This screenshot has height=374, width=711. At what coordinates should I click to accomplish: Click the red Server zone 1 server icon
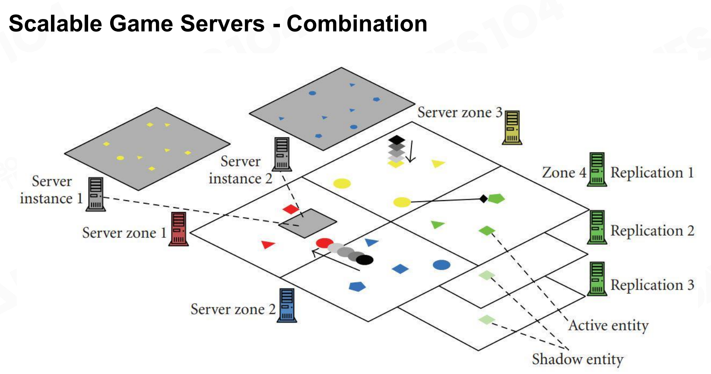pyautogui.click(x=178, y=229)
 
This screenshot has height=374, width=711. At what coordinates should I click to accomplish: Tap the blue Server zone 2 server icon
pyautogui.click(x=287, y=305)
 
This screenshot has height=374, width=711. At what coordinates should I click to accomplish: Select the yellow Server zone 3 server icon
pyautogui.click(x=512, y=128)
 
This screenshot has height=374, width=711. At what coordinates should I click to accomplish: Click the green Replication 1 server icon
pyautogui.click(x=597, y=169)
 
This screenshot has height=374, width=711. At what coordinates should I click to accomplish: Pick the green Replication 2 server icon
pyautogui.click(x=597, y=227)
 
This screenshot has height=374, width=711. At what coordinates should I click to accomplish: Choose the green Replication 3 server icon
pyautogui.click(x=597, y=279)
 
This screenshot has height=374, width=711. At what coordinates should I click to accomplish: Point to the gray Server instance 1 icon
pyautogui.click(x=95, y=194)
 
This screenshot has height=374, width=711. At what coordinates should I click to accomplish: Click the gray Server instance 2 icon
pyautogui.click(x=282, y=154)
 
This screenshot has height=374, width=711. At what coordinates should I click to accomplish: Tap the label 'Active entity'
pyautogui.click(x=608, y=325)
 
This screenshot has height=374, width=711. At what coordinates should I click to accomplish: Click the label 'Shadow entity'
pyautogui.click(x=578, y=359)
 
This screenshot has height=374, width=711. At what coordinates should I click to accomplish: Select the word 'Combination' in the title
pyautogui.click(x=357, y=23)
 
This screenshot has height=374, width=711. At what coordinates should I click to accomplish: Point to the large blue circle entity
pyautogui.click(x=441, y=265)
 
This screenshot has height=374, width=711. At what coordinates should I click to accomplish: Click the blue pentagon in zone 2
pyautogui.click(x=357, y=286)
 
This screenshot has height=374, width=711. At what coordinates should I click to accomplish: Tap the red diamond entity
pyautogui.click(x=291, y=210)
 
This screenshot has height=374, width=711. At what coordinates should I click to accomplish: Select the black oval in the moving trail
pyautogui.click(x=365, y=259)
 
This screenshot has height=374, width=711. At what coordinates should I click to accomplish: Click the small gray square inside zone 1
pyautogui.click(x=308, y=223)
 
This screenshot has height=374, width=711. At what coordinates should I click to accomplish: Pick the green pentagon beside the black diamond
pyautogui.click(x=496, y=198)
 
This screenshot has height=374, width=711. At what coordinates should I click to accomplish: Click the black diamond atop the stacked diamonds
pyautogui.click(x=397, y=140)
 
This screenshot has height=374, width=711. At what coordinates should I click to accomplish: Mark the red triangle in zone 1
pyautogui.click(x=268, y=245)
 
